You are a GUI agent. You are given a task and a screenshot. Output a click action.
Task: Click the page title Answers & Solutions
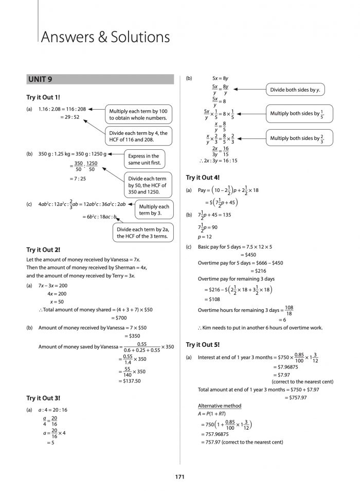tap(106, 37)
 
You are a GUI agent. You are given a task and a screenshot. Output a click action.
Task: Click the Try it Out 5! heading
tap(203, 344)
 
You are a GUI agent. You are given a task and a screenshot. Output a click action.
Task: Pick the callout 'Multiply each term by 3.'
tap(154, 209)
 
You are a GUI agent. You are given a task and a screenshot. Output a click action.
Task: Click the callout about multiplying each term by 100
tap(138, 114)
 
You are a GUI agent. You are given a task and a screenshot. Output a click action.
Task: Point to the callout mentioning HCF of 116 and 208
tap(138, 136)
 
